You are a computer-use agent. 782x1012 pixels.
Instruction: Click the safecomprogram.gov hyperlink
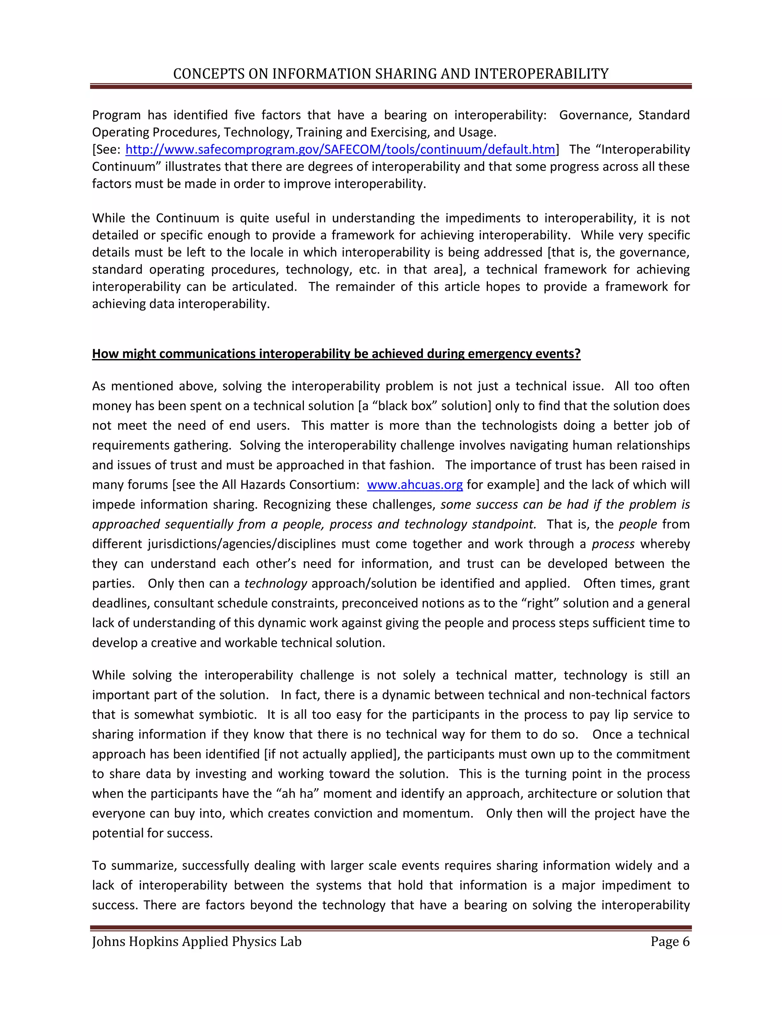click(340, 149)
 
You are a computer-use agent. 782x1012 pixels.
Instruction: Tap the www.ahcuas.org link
click(415, 485)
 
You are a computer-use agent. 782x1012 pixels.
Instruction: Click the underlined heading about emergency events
click(336, 354)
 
